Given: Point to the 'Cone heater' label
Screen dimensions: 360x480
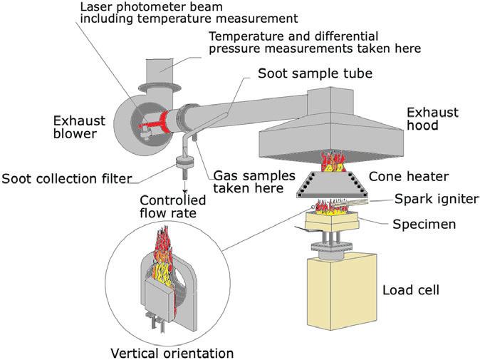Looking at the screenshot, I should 402,175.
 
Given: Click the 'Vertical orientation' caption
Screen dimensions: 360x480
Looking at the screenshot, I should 172,351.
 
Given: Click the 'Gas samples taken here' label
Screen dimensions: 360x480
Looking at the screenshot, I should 246,182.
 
